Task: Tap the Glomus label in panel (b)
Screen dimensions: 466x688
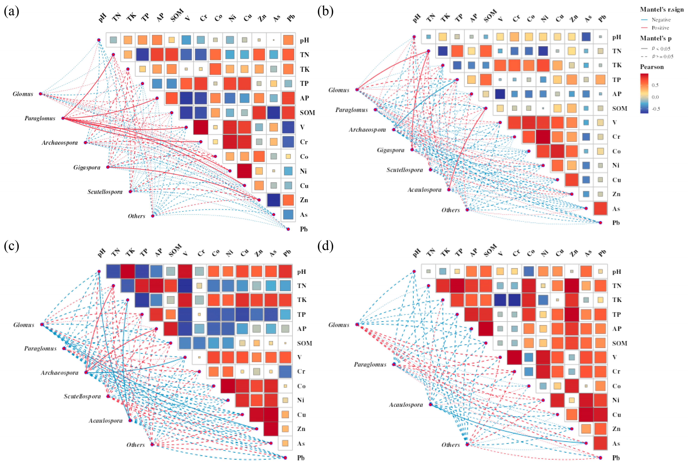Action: tap(339, 90)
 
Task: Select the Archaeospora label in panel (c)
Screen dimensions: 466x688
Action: tap(60, 373)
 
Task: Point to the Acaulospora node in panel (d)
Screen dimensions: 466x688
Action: tap(431, 404)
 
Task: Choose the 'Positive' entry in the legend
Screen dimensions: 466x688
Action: tap(660, 28)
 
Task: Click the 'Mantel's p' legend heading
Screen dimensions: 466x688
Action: tap(655, 38)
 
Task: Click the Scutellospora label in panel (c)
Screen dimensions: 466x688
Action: tap(82, 396)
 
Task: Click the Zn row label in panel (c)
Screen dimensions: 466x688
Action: tap(301, 429)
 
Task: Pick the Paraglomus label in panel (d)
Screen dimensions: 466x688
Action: tap(370, 364)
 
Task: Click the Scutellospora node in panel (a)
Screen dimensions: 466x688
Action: tap(130, 192)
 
